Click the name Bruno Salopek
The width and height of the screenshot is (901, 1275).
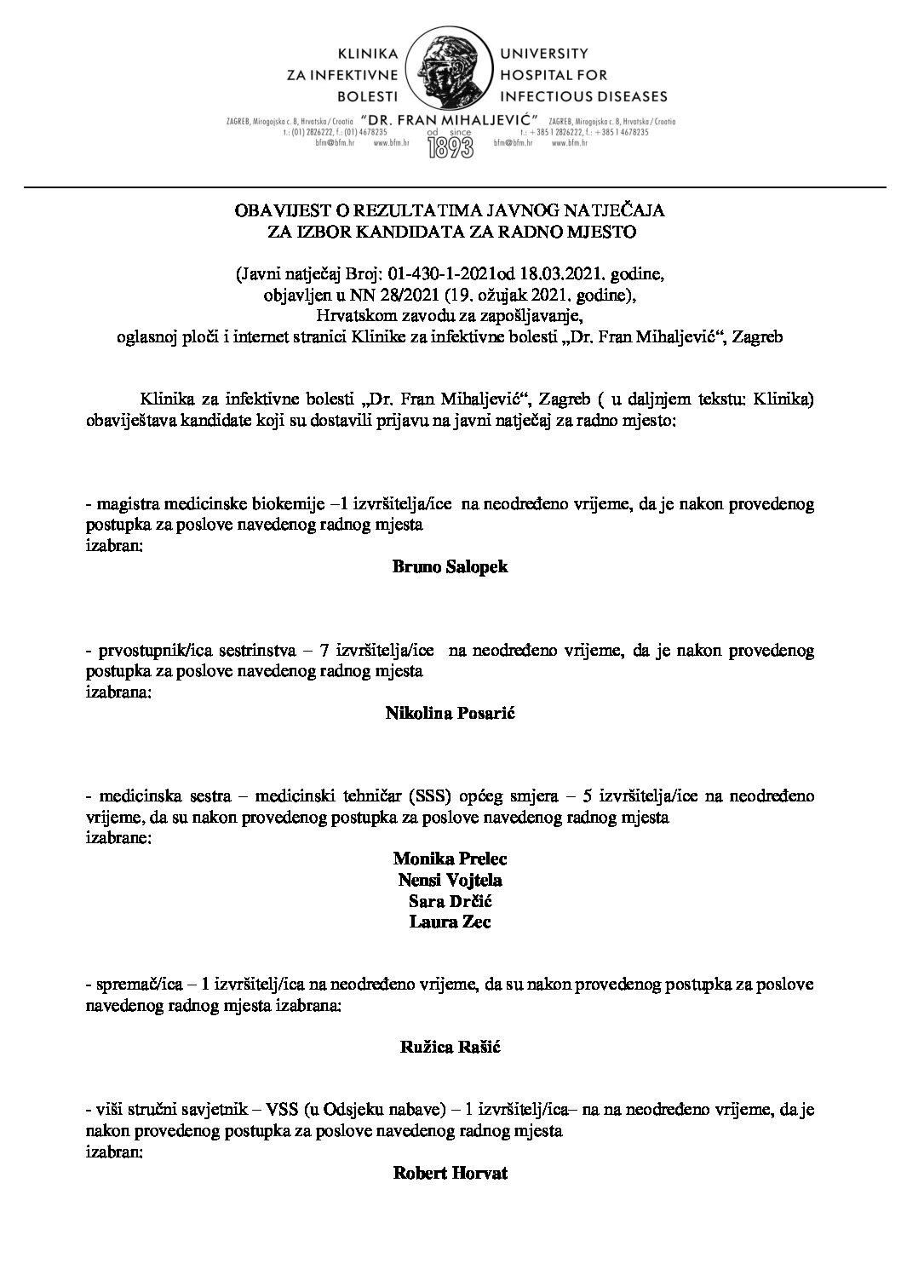[450, 566]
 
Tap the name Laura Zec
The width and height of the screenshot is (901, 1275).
[450, 922]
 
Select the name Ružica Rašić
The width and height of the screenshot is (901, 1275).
[450, 1048]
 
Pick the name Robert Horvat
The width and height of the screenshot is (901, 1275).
[450, 1174]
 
